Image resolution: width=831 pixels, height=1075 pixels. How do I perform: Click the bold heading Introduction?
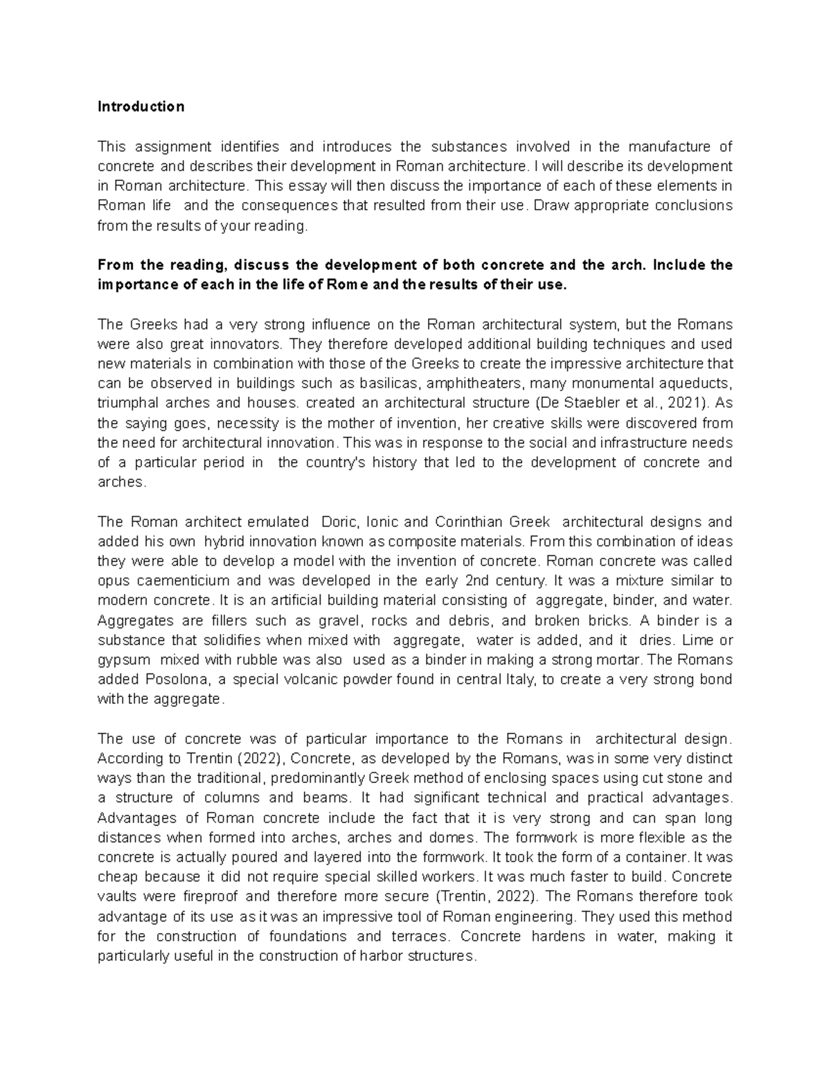[x=141, y=107]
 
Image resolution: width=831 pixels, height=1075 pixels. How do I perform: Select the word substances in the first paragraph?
[x=468, y=147]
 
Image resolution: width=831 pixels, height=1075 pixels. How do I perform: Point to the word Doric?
[x=339, y=522]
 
